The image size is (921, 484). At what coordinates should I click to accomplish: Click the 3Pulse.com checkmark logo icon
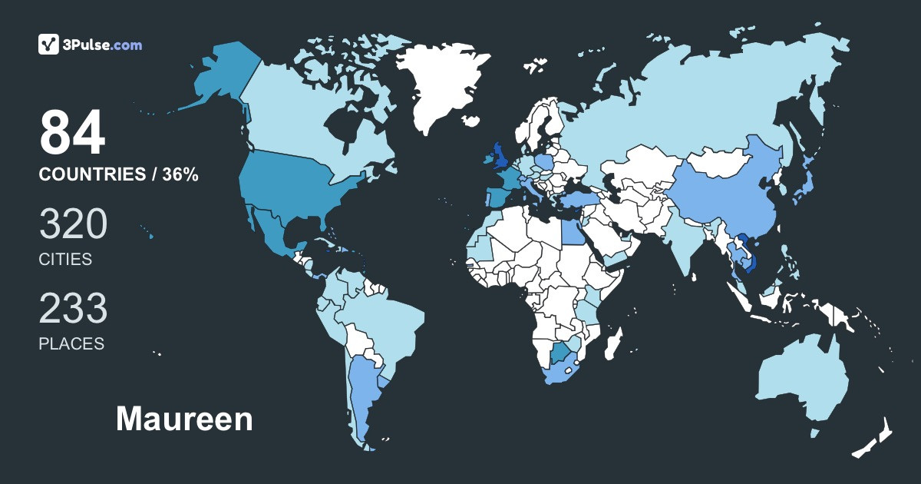[x=49, y=45]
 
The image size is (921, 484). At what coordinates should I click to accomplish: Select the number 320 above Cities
[x=73, y=225]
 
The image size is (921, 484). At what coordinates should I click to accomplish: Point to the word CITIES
[x=65, y=259]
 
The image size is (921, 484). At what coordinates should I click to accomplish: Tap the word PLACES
[x=71, y=343]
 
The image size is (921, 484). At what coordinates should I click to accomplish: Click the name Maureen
[x=184, y=419]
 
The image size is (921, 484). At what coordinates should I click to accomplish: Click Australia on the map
[x=802, y=380]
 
